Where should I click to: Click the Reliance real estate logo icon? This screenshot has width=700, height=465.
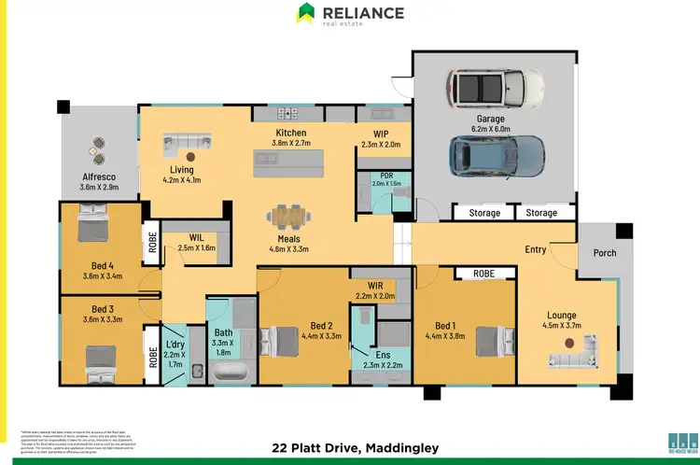pos(305,13)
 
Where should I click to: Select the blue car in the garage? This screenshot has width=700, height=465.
pos(497,155)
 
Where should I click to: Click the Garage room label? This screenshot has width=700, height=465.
pos(491,120)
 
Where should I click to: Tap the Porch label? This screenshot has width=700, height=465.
pos(604,252)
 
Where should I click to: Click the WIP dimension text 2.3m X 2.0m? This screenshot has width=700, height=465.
pos(380,145)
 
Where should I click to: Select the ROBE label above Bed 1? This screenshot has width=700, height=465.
pos(483,274)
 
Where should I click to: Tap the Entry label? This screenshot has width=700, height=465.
pos(536,249)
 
